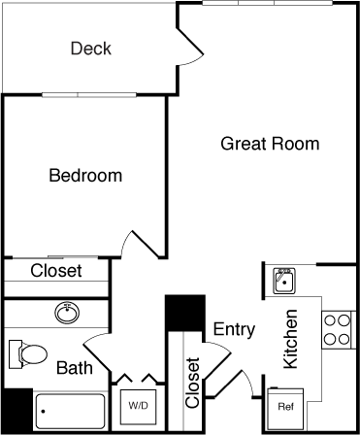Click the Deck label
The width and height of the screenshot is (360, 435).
click(x=91, y=49)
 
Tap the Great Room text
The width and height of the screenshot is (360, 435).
click(x=270, y=144)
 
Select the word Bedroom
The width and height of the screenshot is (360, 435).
click(x=85, y=176)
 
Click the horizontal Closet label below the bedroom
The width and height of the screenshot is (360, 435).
click(x=56, y=271)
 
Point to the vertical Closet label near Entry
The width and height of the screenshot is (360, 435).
click(x=192, y=383)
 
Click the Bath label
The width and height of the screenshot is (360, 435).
click(x=74, y=368)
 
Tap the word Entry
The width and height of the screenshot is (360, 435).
click(x=234, y=329)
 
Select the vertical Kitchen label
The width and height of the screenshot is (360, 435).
click(x=289, y=340)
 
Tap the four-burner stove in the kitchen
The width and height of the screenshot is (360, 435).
click(x=337, y=329)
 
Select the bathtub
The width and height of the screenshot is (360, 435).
click(x=70, y=413)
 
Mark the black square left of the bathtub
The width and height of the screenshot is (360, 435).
click(x=16, y=410)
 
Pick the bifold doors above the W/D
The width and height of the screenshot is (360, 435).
click(x=135, y=378)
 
